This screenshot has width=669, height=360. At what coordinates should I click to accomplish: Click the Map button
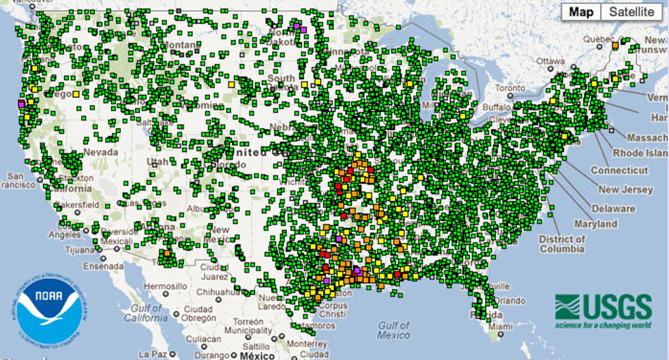pyautogui.click(x=582, y=12)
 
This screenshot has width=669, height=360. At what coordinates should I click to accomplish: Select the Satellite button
pyautogui.click(x=631, y=12)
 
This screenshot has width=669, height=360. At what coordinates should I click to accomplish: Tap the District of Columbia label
pyautogui.click(x=561, y=244)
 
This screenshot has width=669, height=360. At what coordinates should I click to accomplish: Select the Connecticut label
pyautogui.click(x=619, y=170)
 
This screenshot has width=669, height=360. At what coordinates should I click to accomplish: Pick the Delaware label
pyautogui.click(x=612, y=208)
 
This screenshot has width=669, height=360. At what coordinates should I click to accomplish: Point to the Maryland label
pyautogui.click(x=595, y=224)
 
